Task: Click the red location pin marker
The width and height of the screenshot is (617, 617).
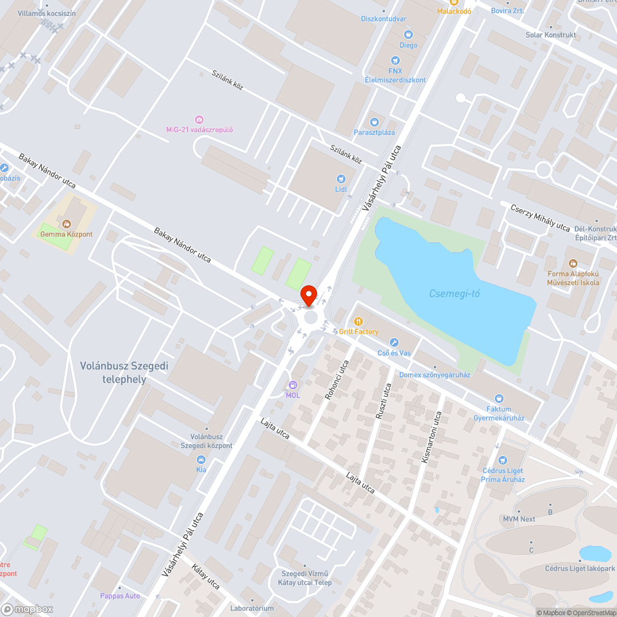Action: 308,295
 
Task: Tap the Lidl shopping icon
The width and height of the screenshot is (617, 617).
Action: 341,179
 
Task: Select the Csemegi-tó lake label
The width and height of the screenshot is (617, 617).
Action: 454,294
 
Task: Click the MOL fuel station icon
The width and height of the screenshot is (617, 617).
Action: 292,385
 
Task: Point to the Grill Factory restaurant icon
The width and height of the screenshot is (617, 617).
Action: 358,321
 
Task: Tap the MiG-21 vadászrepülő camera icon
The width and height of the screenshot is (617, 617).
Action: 199,119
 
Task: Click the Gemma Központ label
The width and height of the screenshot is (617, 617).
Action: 66,234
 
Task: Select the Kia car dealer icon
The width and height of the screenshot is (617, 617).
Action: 201,460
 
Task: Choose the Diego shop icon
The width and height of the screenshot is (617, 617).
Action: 408,35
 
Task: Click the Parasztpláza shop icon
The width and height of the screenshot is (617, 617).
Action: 374,122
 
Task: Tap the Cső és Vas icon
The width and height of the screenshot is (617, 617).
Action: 394,342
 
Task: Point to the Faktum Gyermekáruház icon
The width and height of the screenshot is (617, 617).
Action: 499,399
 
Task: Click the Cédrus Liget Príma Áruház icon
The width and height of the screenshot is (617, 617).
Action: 503,460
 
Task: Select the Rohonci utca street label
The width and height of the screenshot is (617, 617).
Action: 336,379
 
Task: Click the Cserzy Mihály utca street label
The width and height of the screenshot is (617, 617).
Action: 540,217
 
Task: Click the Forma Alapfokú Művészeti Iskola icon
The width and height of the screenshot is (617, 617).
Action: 573,263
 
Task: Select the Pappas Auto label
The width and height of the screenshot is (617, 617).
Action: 120,596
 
